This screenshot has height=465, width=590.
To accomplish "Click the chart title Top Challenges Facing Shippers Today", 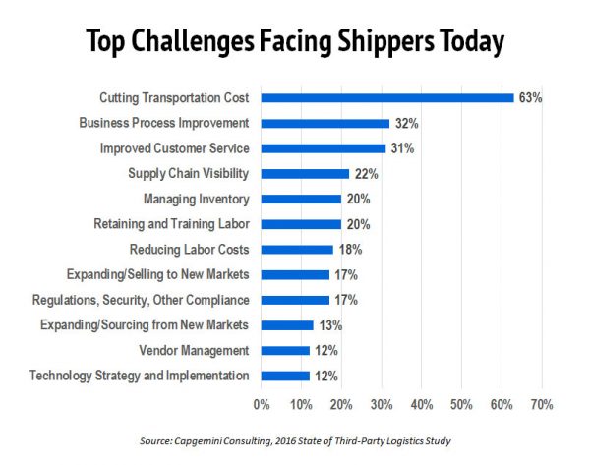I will point(294,43).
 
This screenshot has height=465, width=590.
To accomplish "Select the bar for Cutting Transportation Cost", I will point(387,97).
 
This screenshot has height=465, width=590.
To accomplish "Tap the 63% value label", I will point(530,97).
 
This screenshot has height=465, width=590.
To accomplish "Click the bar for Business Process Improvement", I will point(325,123).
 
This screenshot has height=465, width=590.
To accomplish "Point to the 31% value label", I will point(401,148).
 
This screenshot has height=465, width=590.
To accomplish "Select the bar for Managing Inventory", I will point(301,199).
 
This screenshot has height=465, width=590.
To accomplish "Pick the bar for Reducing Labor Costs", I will point(297,249).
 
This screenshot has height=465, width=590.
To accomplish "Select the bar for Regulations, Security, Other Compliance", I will point(295,299).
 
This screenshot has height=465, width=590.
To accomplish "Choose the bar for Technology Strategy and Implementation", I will point(285,375).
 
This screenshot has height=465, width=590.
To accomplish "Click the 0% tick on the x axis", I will point(262,404).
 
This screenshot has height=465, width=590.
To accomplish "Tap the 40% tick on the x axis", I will point(422,404).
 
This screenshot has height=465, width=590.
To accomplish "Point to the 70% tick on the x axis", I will point(542,404).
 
